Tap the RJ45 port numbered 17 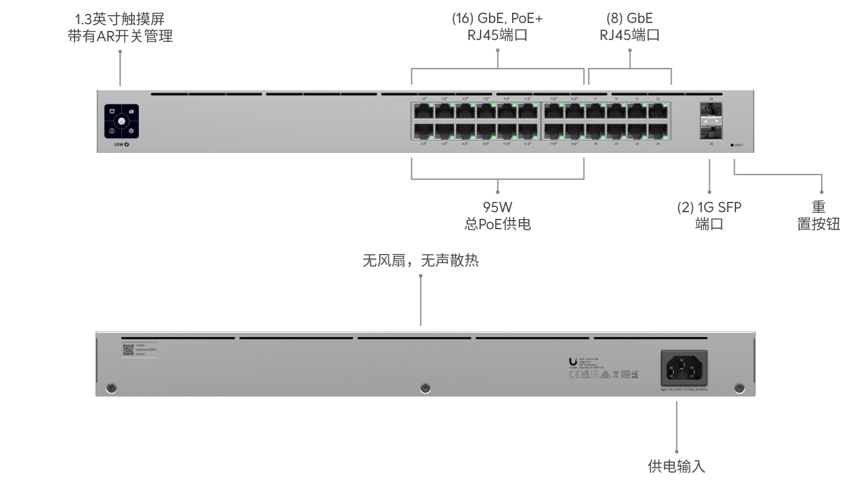(x=595, y=111)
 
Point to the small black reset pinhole (x=732, y=145)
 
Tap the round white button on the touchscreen (x=121, y=121)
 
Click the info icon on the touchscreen (x=112, y=130)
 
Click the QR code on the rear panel (x=128, y=350)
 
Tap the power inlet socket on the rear (x=683, y=367)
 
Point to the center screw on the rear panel (x=425, y=387)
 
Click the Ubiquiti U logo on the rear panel (x=573, y=361)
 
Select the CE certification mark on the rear (x=573, y=374)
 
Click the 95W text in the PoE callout (x=498, y=207)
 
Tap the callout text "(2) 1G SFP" (x=709, y=207)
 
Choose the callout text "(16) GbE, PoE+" (x=498, y=18)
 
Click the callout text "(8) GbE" (x=629, y=18)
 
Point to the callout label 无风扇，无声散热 (x=420, y=261)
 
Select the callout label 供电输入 (x=676, y=466)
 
